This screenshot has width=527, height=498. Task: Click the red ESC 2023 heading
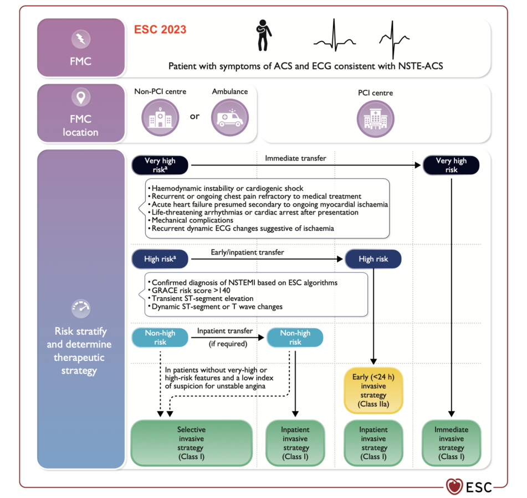point(160,29)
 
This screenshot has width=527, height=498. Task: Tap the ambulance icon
point(230,118)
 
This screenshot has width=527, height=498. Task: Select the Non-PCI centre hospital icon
point(160,118)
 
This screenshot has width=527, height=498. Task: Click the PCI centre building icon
point(375,119)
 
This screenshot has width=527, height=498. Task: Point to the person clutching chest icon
point(264,35)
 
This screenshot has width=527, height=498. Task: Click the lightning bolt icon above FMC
point(81,39)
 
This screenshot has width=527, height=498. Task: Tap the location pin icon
point(81,97)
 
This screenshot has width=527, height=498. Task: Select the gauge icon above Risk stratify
point(81,308)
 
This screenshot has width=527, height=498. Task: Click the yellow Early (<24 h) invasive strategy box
point(373,391)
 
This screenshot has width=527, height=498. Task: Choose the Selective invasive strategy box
point(191,443)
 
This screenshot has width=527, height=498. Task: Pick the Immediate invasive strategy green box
point(452,443)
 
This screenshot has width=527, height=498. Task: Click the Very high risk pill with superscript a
point(160,165)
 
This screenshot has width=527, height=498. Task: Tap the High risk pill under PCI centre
point(373,259)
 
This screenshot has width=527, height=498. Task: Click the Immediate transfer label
point(295,158)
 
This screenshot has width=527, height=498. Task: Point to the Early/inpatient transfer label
point(247,252)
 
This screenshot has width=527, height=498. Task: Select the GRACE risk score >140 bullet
point(189,290)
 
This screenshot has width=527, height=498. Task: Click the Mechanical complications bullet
point(191,220)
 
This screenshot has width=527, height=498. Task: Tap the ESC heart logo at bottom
point(454,486)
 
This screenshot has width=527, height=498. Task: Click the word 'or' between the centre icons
point(195,116)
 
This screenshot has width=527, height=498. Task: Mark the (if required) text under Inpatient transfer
point(228,344)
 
